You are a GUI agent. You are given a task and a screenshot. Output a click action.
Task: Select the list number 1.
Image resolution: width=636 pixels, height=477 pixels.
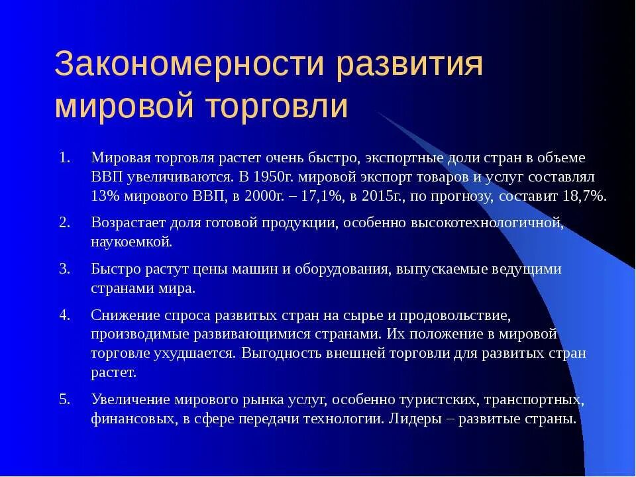tap(64, 158)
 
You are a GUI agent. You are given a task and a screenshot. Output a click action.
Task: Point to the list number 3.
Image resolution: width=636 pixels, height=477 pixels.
tap(64, 269)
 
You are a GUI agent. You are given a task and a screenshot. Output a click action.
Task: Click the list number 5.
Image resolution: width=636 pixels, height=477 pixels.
tap(64, 399)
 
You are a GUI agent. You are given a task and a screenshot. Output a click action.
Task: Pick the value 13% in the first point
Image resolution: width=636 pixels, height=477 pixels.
tap(105, 197)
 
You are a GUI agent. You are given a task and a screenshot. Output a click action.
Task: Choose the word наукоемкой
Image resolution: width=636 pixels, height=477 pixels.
tap(131, 242)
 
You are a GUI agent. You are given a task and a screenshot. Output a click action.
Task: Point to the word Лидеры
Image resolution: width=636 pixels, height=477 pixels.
tap(415, 419)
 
